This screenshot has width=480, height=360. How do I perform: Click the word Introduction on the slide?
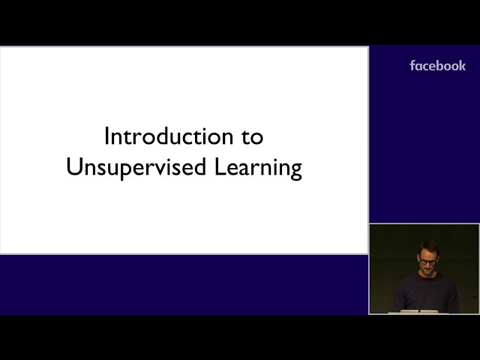(x=169, y=136)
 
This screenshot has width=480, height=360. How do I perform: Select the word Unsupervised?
(x=136, y=167)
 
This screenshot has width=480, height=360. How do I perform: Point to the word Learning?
(x=258, y=168)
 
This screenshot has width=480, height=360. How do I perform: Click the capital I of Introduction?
(x=106, y=136)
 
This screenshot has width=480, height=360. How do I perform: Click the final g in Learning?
(x=296, y=171)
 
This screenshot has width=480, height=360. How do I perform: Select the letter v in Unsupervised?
(x=161, y=169)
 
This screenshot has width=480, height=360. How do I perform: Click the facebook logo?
(x=438, y=66)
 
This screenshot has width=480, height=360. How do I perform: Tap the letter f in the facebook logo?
(x=412, y=66)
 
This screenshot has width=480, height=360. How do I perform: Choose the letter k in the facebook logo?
(x=462, y=66)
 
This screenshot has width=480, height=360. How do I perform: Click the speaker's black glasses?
(x=428, y=262)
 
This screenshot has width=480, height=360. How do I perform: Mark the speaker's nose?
(x=428, y=265)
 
